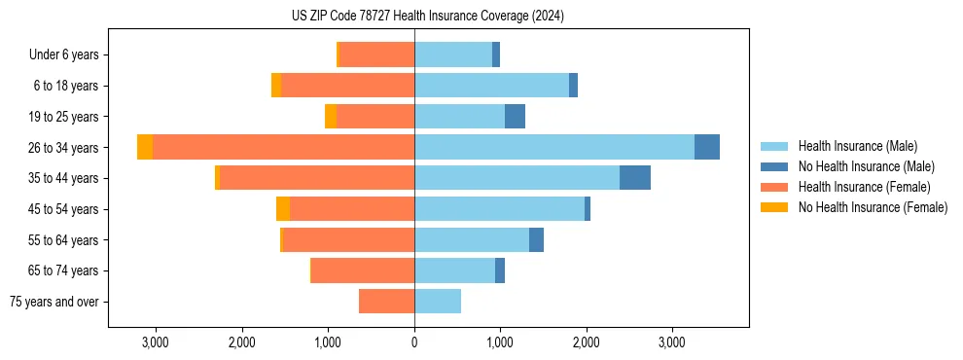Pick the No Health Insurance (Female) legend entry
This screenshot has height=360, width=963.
point(873,207)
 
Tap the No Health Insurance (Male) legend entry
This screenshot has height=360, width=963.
point(866,166)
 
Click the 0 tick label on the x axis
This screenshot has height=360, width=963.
point(414,342)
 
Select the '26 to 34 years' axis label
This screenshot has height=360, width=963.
point(64,148)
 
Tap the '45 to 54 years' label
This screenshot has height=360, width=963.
point(64,209)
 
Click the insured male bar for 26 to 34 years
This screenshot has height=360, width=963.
point(554,147)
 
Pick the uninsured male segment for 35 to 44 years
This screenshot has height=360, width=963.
point(635,178)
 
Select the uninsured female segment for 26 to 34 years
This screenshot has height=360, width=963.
point(145,147)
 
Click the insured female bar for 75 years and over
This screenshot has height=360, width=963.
point(386,302)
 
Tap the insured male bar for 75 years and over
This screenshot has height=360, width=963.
point(438,302)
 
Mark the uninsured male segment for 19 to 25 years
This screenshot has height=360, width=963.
point(516,117)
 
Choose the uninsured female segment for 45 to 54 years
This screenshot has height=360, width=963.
point(283,209)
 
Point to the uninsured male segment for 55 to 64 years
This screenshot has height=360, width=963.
point(536,240)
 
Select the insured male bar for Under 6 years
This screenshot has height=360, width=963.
point(453,54)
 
